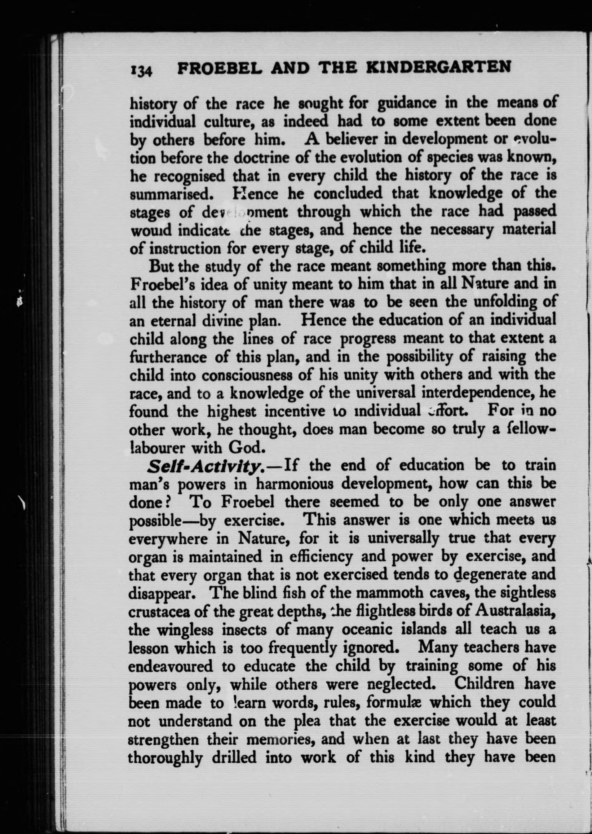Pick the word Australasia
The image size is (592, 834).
pos(515,611)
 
